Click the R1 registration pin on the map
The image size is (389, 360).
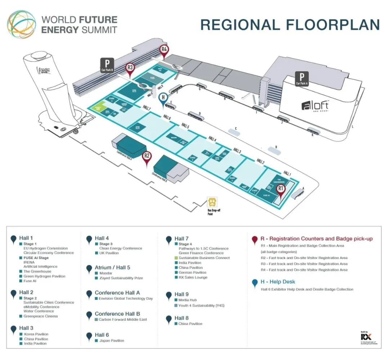coord(281,189)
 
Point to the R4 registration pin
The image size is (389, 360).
coord(164,50)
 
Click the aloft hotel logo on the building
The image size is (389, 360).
coord(315,106)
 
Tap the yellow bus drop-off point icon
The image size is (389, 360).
coord(211,202)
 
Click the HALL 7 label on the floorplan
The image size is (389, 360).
coord(147,107)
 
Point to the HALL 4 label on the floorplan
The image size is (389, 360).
coord(213,138)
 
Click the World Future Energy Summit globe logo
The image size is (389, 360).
coord(22,25)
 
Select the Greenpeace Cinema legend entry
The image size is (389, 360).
coord(40,316)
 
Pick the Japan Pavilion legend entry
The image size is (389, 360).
coord(111,341)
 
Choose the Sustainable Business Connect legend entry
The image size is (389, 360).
coord(204,258)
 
